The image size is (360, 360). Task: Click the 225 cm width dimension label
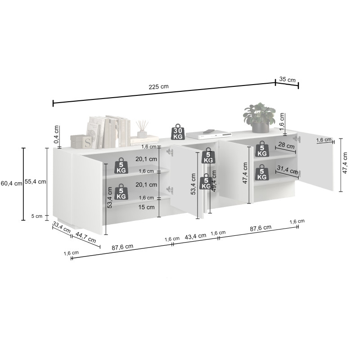[158, 87]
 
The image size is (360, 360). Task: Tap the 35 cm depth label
[287, 80]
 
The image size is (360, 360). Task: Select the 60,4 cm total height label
[11, 184]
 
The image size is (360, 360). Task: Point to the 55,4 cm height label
[36, 182]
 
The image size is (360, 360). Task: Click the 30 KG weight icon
[178, 132]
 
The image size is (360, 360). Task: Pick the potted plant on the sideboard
[260, 117]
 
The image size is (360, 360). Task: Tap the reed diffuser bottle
[142, 129]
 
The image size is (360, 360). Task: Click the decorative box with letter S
[81, 141]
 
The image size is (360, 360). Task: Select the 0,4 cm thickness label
[56, 134]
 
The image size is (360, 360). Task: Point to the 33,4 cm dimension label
[61, 227]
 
